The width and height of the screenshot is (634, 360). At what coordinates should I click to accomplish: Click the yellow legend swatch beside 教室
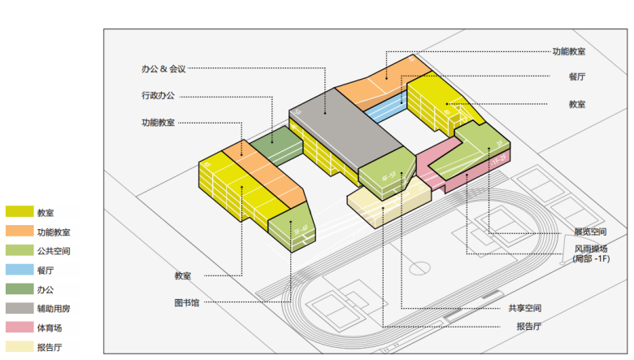pos(20,212)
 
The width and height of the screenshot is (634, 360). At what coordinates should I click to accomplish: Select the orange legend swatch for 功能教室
pos(20,232)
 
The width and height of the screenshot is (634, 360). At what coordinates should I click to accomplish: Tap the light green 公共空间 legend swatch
pos(20,250)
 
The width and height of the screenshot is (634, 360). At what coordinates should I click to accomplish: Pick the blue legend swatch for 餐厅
pos(20,270)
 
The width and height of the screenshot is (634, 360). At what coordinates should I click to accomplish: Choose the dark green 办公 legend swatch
pos(20,288)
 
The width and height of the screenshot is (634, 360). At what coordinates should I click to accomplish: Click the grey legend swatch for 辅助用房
pos(20,308)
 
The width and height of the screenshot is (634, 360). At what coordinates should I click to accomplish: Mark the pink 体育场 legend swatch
pos(20,327)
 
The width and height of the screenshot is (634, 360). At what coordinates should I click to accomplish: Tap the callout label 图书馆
pos(186,302)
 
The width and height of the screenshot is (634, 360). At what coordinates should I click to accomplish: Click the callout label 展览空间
pos(590,232)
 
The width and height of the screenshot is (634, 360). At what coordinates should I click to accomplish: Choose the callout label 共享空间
pos(524,308)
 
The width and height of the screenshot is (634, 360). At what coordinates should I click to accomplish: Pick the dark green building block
pos(272,145)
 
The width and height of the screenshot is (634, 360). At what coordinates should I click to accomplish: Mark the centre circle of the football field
pos(419,267)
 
